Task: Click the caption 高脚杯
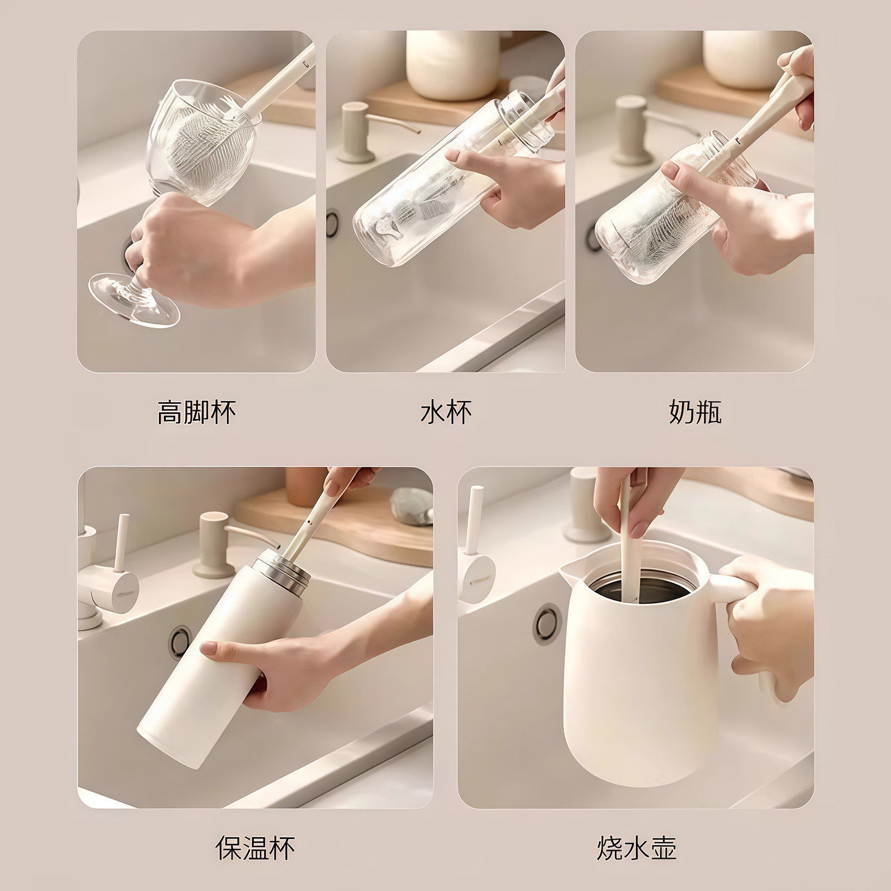coord(196,412)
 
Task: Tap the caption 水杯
coord(445,412)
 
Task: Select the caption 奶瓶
coord(695,412)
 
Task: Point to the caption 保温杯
coord(255,848)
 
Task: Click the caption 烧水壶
coord(637,848)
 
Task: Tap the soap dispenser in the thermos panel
coord(214,544)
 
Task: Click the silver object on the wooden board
coord(412,506)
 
